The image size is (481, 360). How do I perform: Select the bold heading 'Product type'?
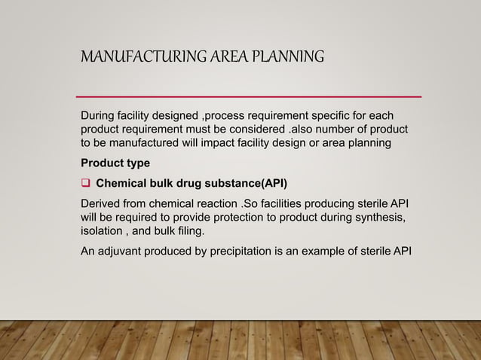[115, 163]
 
